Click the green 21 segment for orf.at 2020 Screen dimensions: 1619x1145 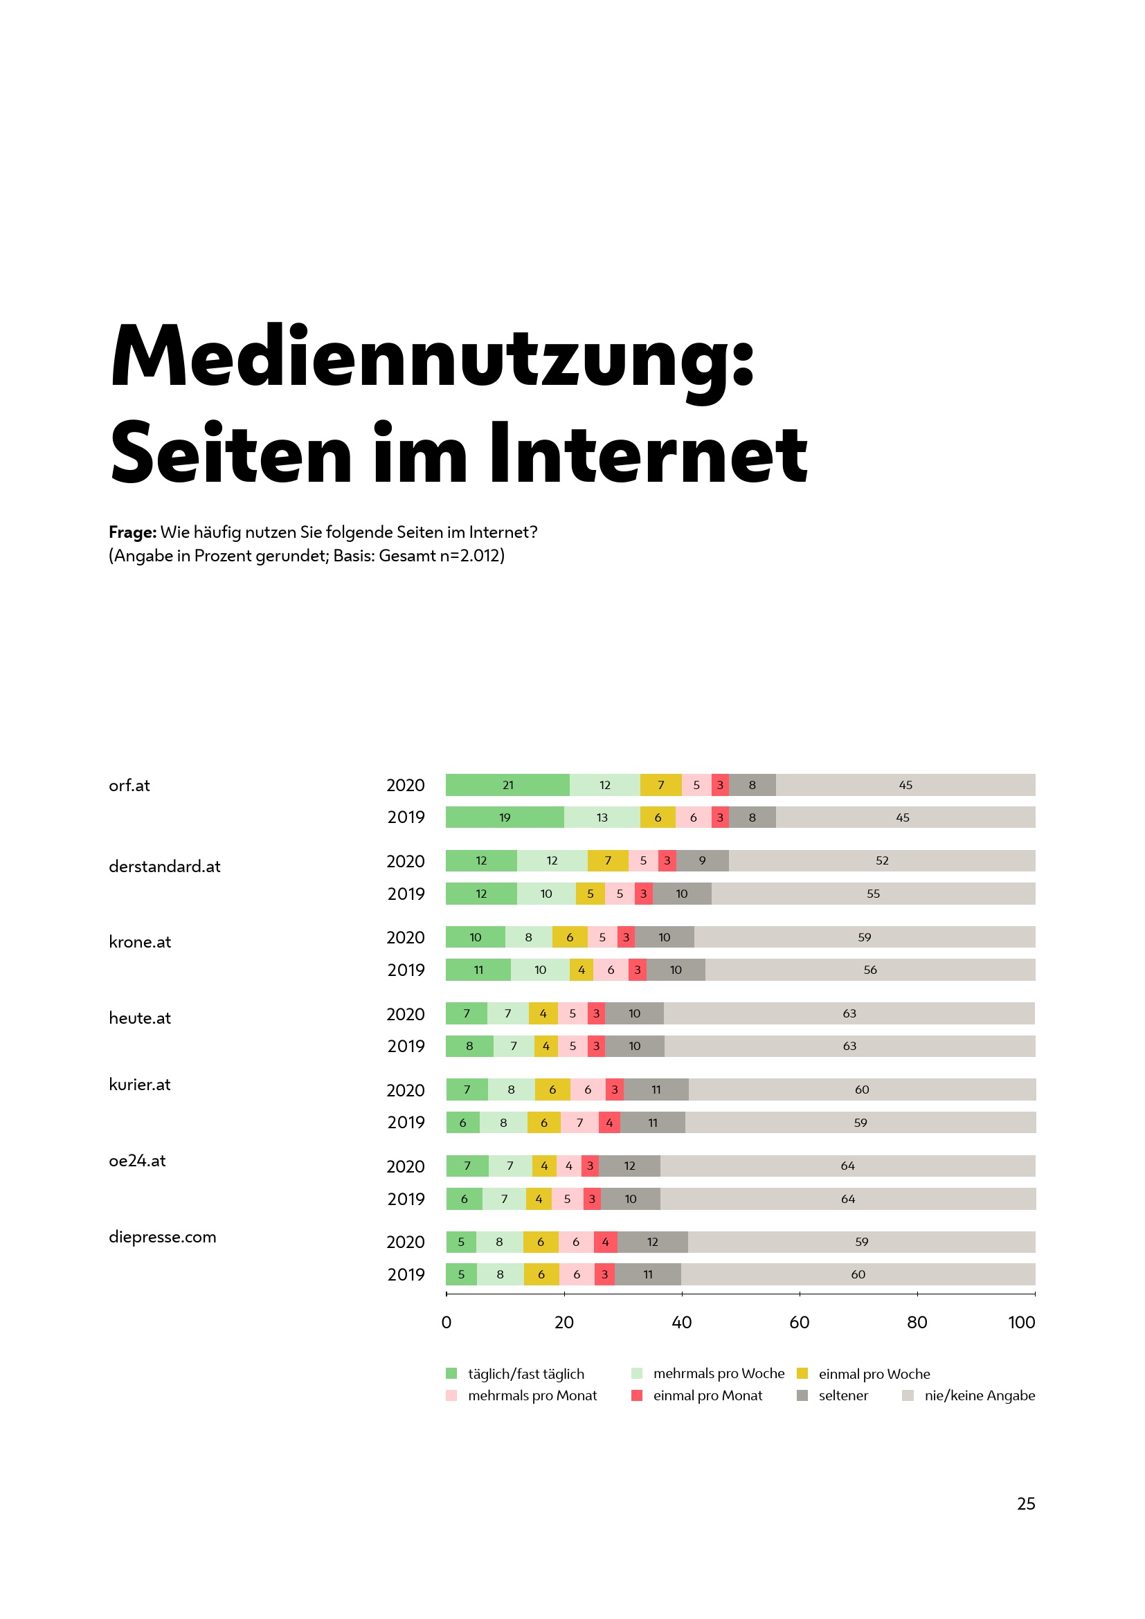[x=507, y=785]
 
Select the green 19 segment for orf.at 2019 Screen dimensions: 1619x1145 [x=504, y=817]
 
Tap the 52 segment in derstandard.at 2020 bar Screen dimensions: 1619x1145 [x=881, y=860]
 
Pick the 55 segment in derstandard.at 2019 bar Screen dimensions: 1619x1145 [x=873, y=894]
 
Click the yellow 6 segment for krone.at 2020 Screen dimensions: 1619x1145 [x=570, y=937]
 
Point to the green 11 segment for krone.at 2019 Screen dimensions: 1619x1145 [x=478, y=970]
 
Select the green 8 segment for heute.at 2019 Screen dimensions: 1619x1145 [x=469, y=1046]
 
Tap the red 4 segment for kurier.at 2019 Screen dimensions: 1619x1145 [x=609, y=1123]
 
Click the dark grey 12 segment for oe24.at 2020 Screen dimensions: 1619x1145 [x=629, y=1166]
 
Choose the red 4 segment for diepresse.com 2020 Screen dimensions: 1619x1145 [x=606, y=1242]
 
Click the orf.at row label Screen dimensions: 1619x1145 [x=129, y=786]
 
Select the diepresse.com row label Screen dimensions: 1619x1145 [x=162, y=1237]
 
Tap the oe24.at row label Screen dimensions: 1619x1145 [x=137, y=1161]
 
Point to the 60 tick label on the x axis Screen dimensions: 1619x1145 [x=799, y=1322]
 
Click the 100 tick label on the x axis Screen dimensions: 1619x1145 [x=1021, y=1322]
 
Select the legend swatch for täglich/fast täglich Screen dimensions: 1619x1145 [x=451, y=1373]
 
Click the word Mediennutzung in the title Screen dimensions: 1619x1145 [x=431, y=356]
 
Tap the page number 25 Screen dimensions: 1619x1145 [x=1026, y=1504]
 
